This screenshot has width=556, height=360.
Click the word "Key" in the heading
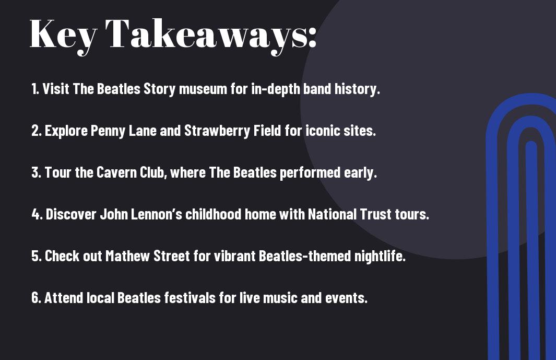click(63, 36)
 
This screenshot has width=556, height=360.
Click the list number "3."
click(36, 172)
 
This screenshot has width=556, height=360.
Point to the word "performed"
click(310, 173)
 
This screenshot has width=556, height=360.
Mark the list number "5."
click(37, 256)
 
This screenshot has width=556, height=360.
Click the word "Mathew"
click(128, 256)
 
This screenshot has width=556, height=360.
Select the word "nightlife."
click(380, 256)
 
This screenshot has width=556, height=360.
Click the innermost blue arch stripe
click(531, 249)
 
